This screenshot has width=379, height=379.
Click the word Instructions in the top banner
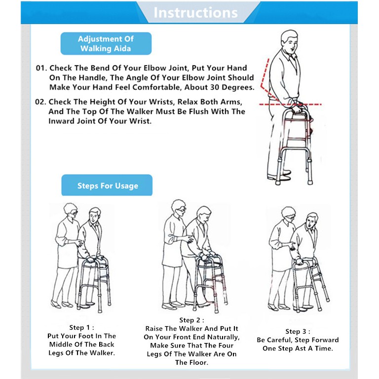pyautogui.click(x=195, y=12)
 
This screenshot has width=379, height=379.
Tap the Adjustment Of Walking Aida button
pyautogui.click(x=106, y=43)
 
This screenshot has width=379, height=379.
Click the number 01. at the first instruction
pyautogui.click(x=41, y=68)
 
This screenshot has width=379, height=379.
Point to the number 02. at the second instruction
pyautogui.click(x=40, y=102)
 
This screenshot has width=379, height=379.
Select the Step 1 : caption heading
pyautogui.click(x=81, y=328)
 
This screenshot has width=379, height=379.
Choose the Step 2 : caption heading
pyautogui.click(x=191, y=320)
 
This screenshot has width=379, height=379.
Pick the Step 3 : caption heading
pyautogui.click(x=298, y=332)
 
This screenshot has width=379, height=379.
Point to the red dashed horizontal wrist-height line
pyautogui.click(x=290, y=105)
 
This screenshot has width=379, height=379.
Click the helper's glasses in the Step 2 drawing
pyautogui.click(x=182, y=210)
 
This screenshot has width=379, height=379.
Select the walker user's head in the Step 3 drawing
pyautogui.click(x=311, y=221)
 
